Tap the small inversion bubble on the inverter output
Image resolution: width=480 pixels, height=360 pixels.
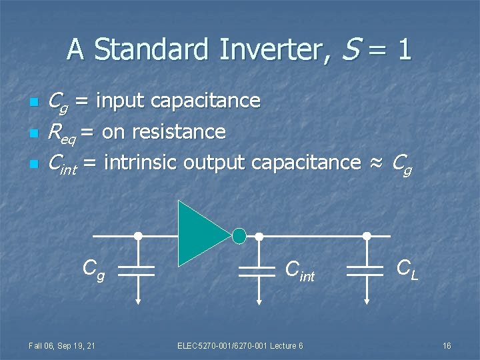click(239, 235)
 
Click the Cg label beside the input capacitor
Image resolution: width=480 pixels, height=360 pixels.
click(93, 270)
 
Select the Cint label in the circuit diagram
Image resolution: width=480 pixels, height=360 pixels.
click(299, 271)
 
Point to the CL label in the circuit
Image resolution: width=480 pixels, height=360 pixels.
click(407, 269)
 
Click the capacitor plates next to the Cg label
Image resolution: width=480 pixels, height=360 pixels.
click(137, 270)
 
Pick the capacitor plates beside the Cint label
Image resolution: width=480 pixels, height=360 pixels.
click(259, 270)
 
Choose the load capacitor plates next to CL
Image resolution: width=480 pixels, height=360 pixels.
click(366, 270)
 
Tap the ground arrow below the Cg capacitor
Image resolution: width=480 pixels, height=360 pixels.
click(137, 297)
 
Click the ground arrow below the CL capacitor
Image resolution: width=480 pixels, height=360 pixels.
click(366, 297)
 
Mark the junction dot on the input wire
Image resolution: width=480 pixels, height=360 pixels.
click(138, 235)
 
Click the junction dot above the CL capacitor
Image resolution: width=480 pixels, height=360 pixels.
click(366, 235)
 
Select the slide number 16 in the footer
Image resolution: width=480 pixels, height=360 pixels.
click(447, 345)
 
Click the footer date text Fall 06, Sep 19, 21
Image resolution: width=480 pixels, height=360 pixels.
click(61, 345)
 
